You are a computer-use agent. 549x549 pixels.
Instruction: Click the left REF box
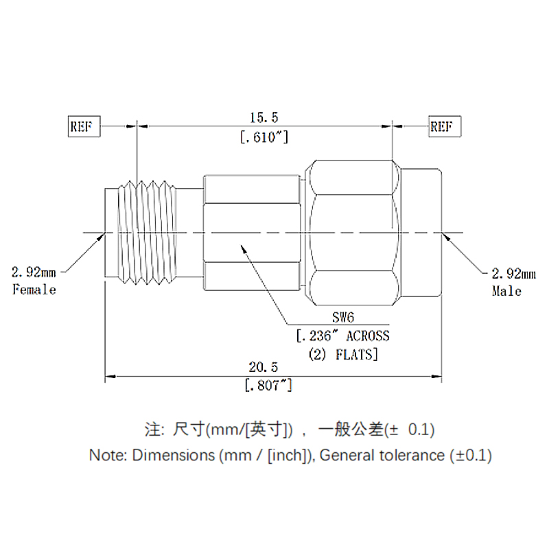tap(84, 127)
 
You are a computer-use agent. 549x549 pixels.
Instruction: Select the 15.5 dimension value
tap(264, 119)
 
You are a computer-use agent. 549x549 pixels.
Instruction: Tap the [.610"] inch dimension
tap(264, 137)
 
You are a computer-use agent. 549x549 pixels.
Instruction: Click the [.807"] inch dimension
tap(268, 386)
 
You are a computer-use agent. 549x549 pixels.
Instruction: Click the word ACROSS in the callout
tap(367, 336)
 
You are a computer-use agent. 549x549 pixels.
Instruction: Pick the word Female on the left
tap(34, 290)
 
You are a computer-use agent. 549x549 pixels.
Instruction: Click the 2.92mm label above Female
tap(33, 272)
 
